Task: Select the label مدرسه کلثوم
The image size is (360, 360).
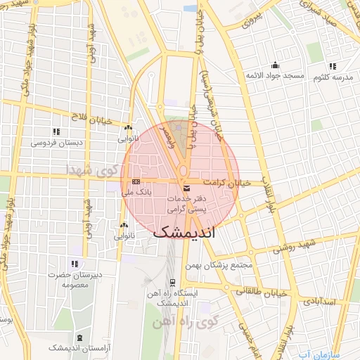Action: (x=333, y=76)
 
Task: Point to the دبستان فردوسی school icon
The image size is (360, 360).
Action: (x=56, y=131)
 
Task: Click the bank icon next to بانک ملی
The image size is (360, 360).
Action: (x=136, y=181)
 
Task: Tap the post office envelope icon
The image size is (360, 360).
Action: (x=186, y=188)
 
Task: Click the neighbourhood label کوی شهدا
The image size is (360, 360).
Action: (x=89, y=170)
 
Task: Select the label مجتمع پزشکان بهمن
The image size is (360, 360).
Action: (x=219, y=266)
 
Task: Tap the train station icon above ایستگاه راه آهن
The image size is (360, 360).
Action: (x=172, y=282)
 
